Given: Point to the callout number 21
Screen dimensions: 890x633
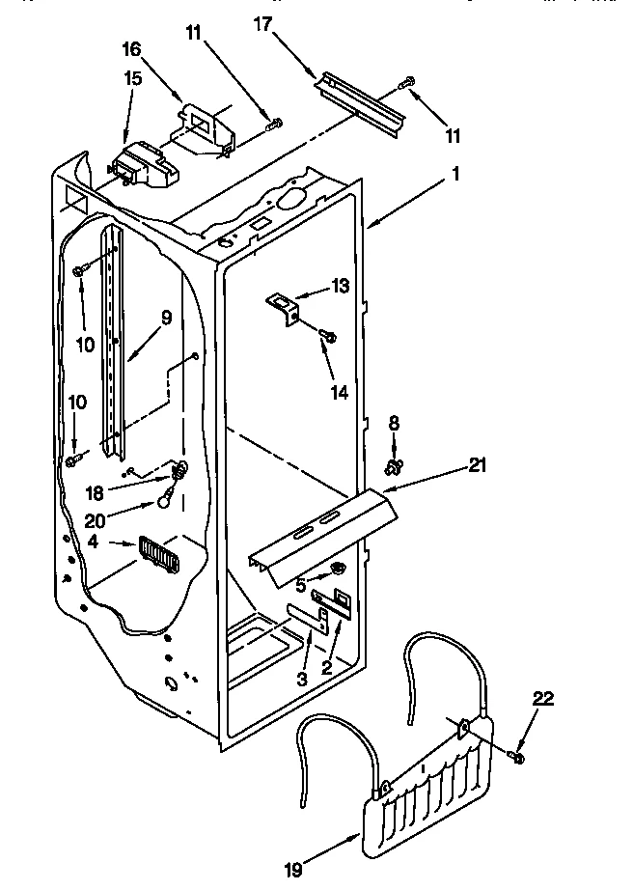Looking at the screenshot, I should point(477,466).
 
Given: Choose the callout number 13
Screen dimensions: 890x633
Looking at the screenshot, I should point(339,286).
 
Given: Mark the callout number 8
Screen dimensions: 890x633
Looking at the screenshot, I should point(393,422).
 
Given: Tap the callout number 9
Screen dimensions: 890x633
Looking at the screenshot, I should point(166,316).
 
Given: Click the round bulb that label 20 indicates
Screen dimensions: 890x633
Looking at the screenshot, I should point(166,500).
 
